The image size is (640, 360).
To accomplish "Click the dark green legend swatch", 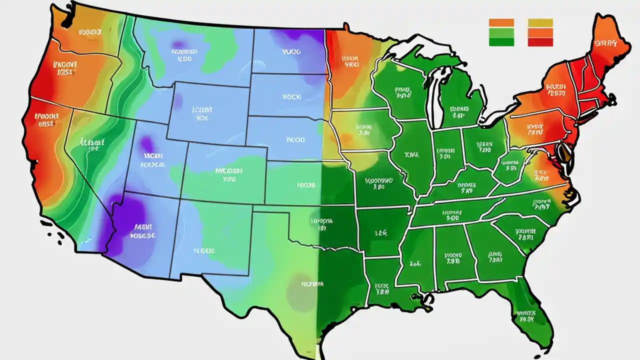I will pos(501,42).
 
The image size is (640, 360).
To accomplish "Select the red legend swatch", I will pos(540,42).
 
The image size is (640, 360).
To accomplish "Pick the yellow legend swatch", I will pos(540,22).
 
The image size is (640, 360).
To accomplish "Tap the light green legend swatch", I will pos(501,32).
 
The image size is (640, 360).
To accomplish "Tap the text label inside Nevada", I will pos(92,145).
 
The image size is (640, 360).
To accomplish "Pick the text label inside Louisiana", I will pos(382,288).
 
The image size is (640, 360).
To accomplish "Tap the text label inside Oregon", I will pos(65,68).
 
